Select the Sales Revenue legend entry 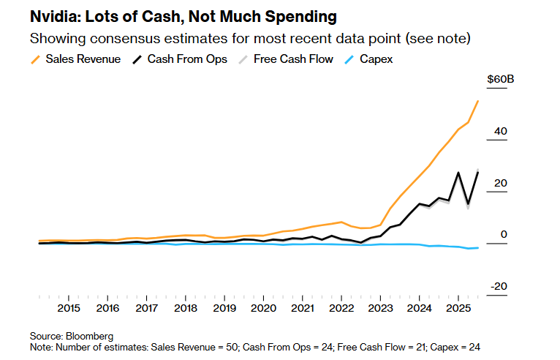[x=83, y=59]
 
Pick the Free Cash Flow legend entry [x=293, y=59]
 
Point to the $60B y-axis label [x=501, y=80]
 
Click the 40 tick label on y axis [x=500, y=132]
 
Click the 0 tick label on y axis [x=503, y=235]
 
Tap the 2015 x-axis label [x=69, y=309]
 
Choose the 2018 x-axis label [x=186, y=309]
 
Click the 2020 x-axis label [x=263, y=309]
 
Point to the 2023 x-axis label [x=380, y=309]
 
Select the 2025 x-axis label [x=458, y=309]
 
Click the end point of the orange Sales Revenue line [x=477, y=101]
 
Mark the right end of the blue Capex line [x=477, y=248]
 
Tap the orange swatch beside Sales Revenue [x=36, y=59]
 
